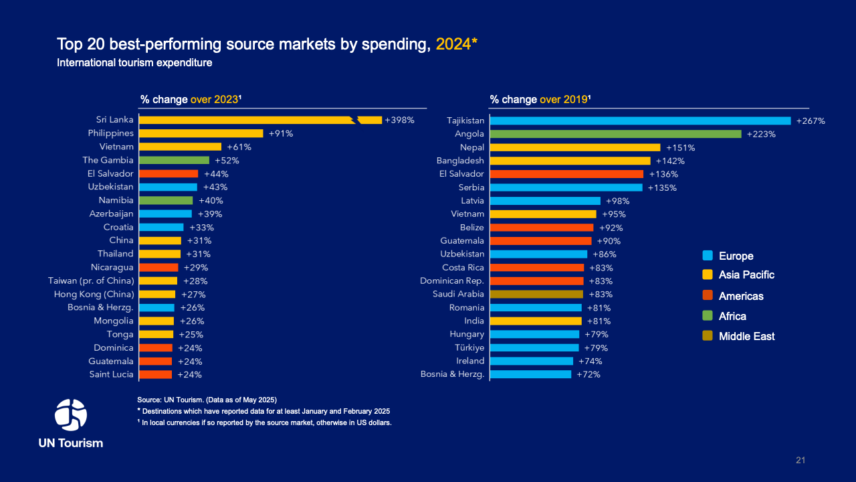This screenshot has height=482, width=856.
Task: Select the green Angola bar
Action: [615, 134]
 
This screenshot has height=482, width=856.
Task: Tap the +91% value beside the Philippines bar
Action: [281, 134]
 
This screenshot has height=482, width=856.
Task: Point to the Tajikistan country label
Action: [465, 120]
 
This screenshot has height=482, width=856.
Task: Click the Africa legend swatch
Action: [708, 316]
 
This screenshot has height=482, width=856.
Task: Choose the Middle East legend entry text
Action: [746, 336]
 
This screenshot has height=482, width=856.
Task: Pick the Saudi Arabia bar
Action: [536, 295]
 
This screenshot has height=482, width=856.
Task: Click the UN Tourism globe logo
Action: [70, 414]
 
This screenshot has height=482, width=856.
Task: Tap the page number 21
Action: [800, 460]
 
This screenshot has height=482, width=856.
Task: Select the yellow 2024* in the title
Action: [456, 45]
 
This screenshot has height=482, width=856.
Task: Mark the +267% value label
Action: [811, 121]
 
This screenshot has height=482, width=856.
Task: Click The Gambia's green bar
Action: [174, 161]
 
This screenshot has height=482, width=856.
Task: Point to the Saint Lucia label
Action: [111, 375]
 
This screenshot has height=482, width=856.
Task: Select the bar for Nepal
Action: [575, 147]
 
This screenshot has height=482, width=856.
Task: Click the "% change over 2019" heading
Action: [540, 100]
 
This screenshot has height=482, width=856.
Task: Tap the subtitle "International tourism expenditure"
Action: [134, 63]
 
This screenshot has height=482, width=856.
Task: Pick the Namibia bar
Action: [165, 201]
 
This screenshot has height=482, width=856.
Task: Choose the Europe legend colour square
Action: [708, 256]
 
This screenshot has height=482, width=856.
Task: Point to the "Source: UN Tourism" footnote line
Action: [207, 399]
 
